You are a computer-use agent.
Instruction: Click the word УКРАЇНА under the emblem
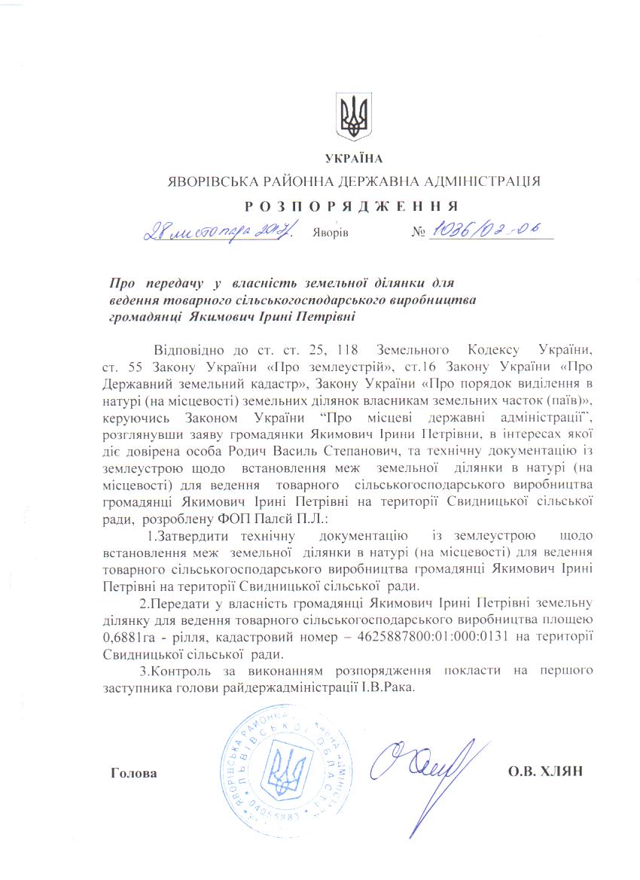(354, 159)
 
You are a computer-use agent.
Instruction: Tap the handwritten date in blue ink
(221, 229)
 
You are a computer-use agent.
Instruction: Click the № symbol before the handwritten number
(419, 233)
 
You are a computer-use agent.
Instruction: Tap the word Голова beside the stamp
(134, 774)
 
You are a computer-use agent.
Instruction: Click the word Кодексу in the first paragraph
(493, 351)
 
